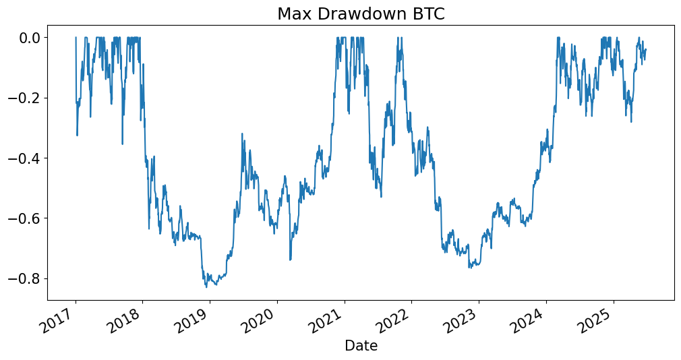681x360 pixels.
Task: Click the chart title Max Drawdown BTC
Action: tap(361, 14)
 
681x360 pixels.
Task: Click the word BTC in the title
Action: tap(427, 14)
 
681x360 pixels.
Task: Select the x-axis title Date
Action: tap(361, 346)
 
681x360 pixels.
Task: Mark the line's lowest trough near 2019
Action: tap(206, 287)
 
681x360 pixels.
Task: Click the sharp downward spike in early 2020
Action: tap(290, 260)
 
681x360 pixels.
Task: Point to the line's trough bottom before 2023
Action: tap(469, 268)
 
